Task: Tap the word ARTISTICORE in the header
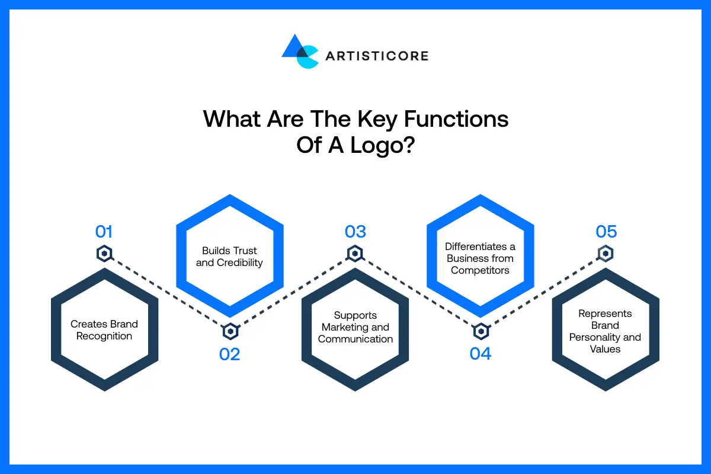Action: (x=376, y=56)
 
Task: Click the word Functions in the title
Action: (x=456, y=119)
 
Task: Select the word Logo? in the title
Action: (x=384, y=145)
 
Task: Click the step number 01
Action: (x=104, y=231)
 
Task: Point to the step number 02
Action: (x=229, y=354)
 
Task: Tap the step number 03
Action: (x=355, y=231)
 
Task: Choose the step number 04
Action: (x=481, y=354)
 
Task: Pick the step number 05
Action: (x=606, y=231)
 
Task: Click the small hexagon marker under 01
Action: (x=104, y=254)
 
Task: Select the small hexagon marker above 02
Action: (x=230, y=331)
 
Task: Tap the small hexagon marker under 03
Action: (x=355, y=254)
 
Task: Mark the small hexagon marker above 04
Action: (x=481, y=331)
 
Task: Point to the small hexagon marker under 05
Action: (x=606, y=254)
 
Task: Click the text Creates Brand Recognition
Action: (x=104, y=330)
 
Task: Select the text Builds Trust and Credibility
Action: (x=229, y=257)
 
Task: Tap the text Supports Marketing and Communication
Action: (x=355, y=327)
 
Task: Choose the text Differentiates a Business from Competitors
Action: (x=481, y=258)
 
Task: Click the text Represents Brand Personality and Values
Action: (x=606, y=331)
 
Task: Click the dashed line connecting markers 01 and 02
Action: (x=167, y=293)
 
